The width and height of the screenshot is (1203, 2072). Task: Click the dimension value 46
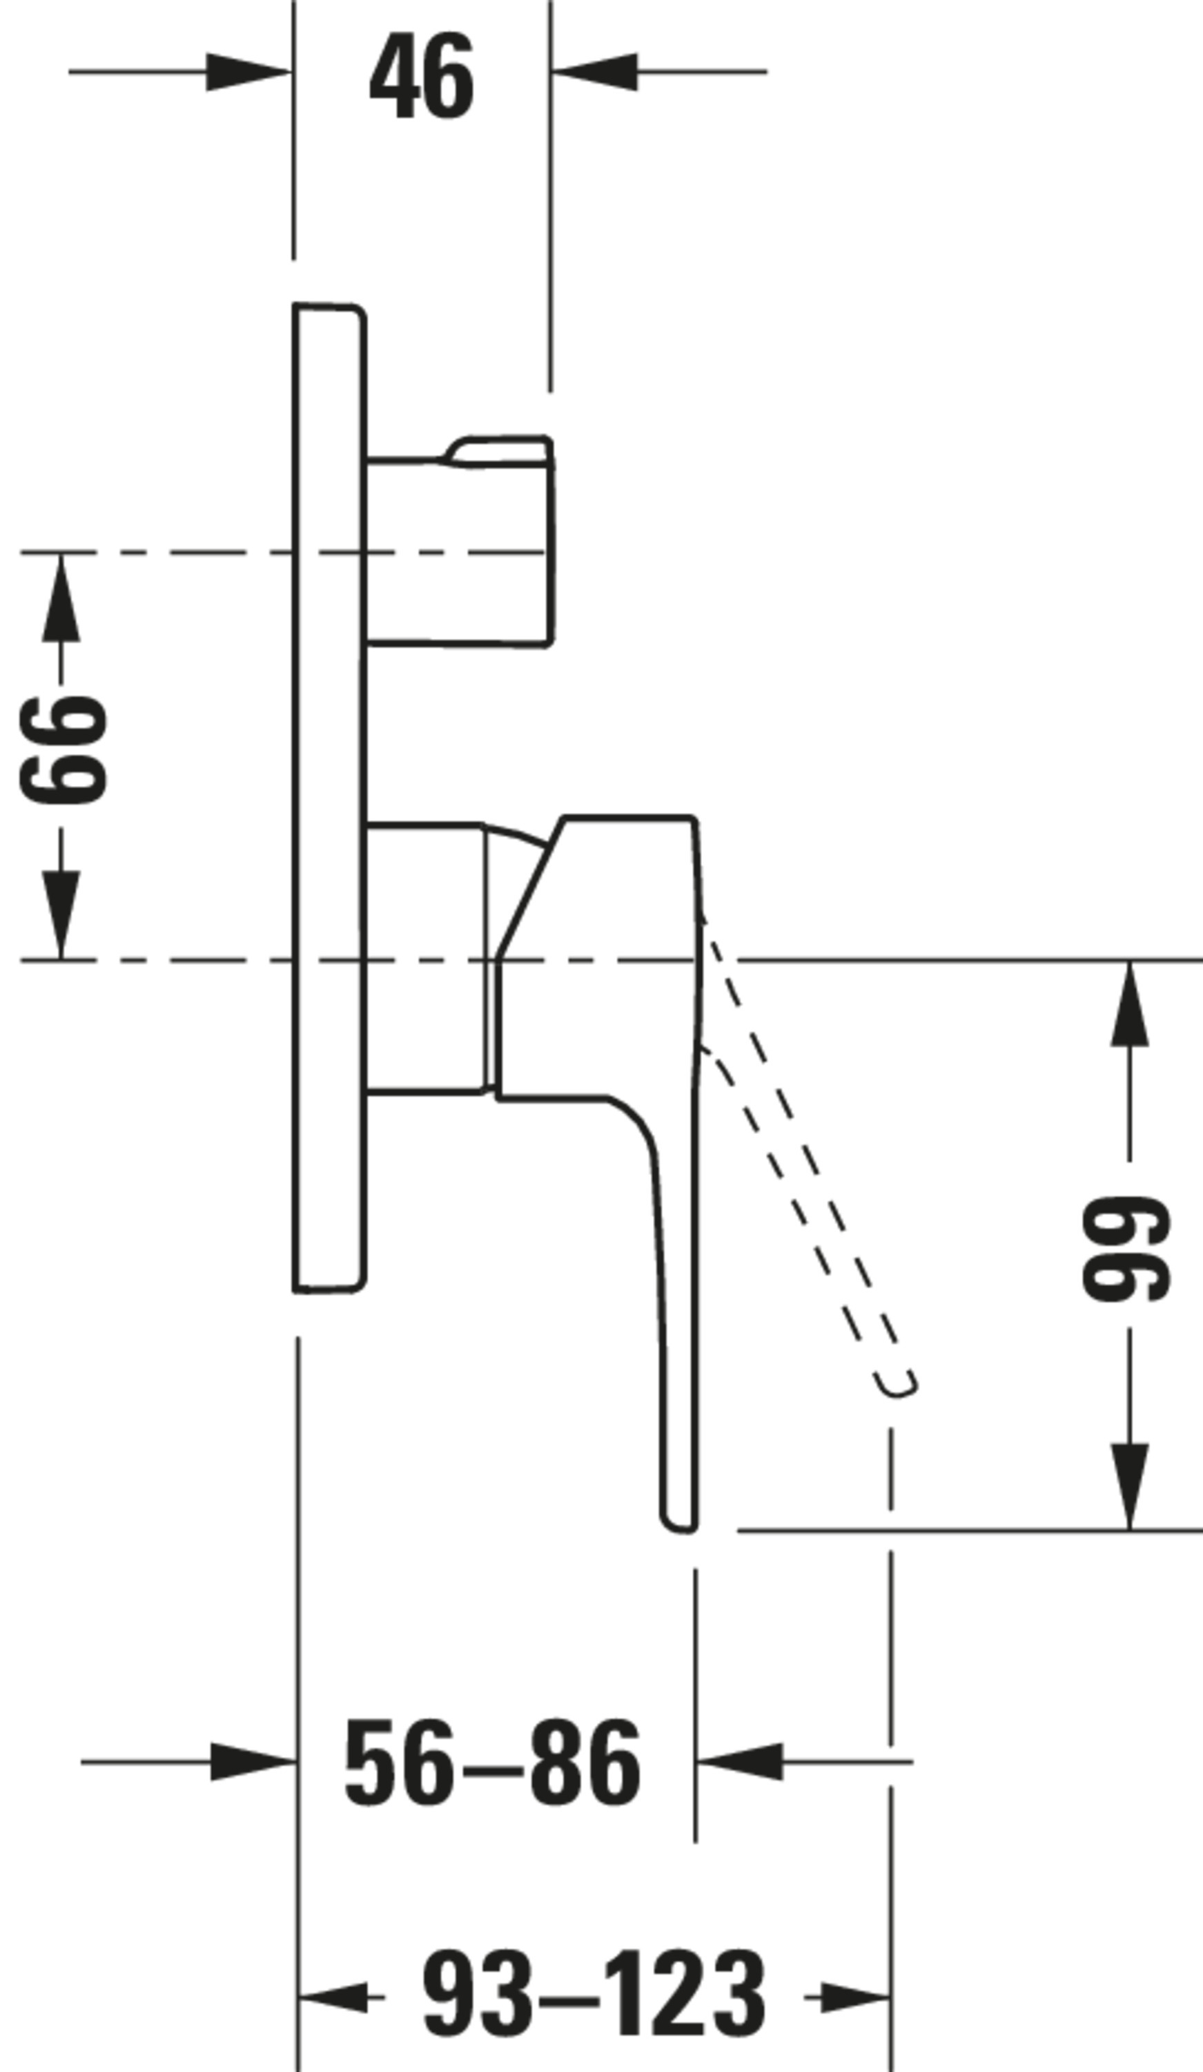point(422,76)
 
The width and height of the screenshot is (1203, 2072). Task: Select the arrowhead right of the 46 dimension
point(594,72)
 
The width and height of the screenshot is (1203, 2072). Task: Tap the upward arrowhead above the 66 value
point(61,597)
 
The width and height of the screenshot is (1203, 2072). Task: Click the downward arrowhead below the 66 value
point(61,914)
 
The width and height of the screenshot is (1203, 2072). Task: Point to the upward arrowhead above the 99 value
point(1129,1003)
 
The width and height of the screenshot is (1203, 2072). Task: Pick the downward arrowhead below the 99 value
point(1129,1486)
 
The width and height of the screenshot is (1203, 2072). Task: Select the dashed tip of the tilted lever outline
point(897,1384)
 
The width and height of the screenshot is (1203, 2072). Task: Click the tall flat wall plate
point(329,798)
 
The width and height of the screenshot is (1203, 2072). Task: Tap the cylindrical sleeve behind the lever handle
point(427,958)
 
